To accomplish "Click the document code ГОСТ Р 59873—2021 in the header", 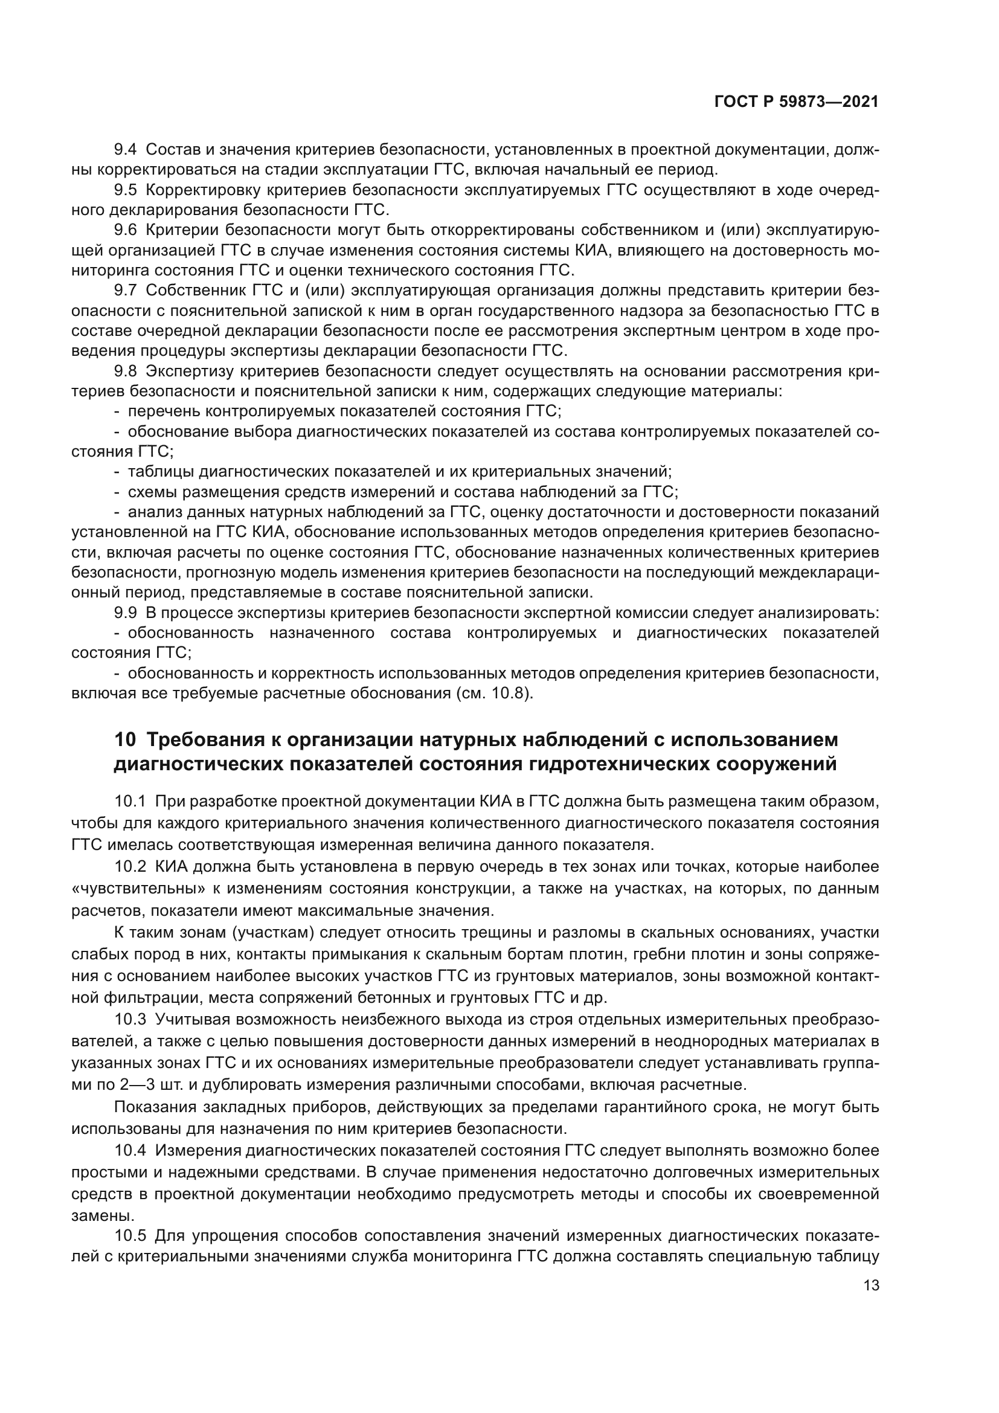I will pyautogui.click(x=796, y=102).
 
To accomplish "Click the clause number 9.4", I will pyautogui.click(x=126, y=150).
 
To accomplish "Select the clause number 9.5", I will pyautogui.click(x=126, y=190).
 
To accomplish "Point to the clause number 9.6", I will pyautogui.click(x=126, y=230).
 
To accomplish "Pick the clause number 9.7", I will pyautogui.click(x=126, y=291).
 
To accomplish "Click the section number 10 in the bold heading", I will pyautogui.click(x=125, y=740).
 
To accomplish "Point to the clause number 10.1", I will pyautogui.click(x=130, y=801).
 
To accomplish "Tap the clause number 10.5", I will pyautogui.click(x=130, y=1236).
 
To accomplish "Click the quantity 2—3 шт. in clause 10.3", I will pyautogui.click(x=148, y=1085).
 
